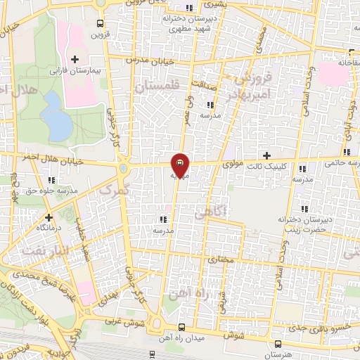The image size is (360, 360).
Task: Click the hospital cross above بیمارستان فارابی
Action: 75,58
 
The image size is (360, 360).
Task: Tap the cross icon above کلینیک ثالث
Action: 266,155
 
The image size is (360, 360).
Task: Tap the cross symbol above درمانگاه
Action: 49,217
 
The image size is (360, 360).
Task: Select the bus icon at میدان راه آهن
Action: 181,327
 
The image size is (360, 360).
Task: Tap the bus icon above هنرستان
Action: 280,343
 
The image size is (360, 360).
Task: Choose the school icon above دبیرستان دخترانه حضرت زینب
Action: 304,209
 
